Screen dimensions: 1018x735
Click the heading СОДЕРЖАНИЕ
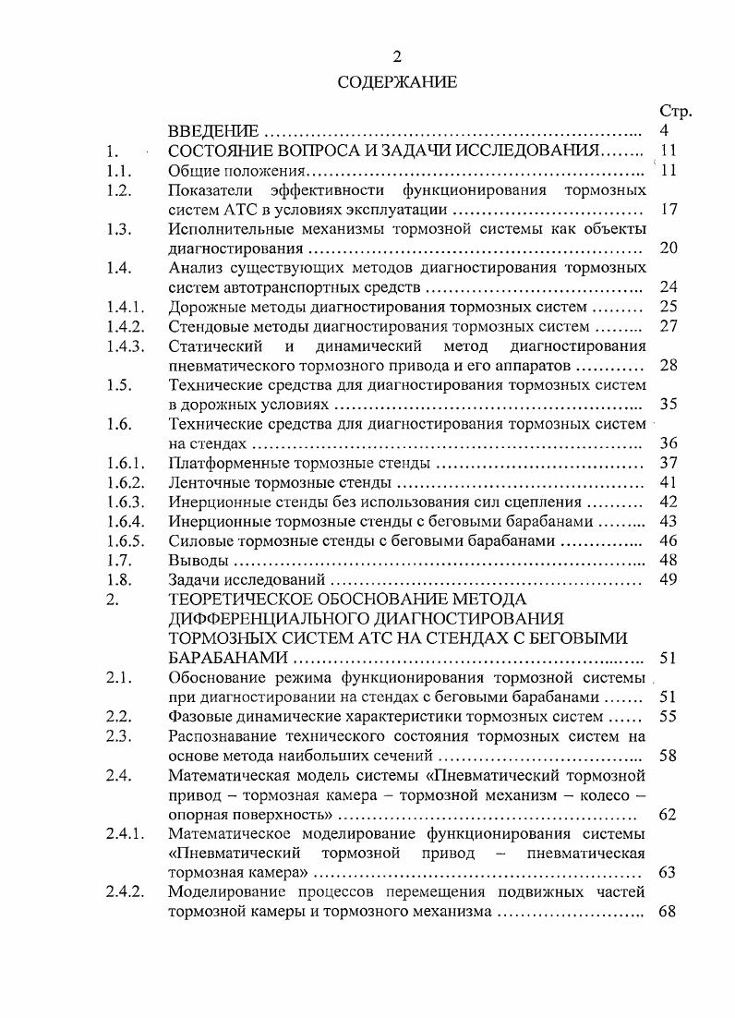tap(397, 82)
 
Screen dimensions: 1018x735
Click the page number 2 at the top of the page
tap(397, 56)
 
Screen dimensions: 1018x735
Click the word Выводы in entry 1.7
tap(197, 560)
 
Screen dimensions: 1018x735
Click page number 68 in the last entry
tap(669, 912)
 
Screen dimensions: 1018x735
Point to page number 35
tap(669, 404)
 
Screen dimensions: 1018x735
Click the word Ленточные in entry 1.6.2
tap(208, 482)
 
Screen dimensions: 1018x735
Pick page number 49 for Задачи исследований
tap(669, 579)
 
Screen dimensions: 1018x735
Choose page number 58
tap(669, 755)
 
